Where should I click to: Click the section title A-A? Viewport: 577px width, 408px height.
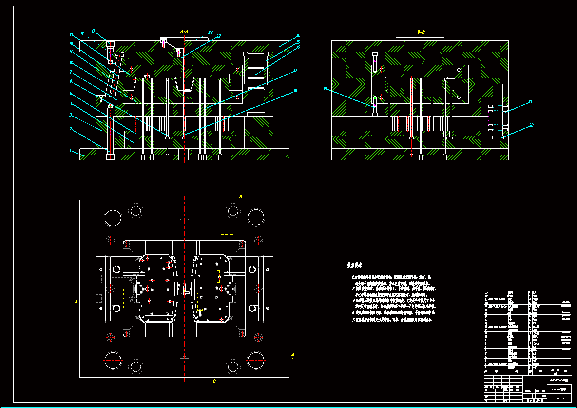point(184,32)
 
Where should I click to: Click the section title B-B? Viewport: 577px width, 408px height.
point(421,32)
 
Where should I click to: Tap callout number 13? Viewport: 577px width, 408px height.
point(94,31)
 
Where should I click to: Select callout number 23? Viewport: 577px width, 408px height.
point(211,32)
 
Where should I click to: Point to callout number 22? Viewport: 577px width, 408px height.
point(218,36)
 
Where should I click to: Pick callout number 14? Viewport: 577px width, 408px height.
point(298,36)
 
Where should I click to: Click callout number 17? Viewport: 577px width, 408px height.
point(295,70)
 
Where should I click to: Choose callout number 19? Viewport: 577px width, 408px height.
point(326,89)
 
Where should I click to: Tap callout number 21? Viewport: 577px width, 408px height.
point(530,101)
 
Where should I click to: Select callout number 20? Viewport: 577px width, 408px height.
point(531,125)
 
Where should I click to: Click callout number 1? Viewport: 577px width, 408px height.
point(71,150)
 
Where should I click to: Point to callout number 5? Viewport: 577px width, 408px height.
point(71,93)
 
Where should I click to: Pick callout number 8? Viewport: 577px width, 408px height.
point(71,62)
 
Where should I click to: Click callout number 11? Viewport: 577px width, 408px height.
point(71,35)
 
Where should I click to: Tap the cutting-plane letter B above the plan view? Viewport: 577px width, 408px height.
point(241,197)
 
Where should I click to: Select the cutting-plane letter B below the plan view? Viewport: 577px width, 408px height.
point(214,381)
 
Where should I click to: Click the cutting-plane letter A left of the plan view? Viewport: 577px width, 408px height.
point(76,302)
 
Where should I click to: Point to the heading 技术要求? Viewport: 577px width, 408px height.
point(355,265)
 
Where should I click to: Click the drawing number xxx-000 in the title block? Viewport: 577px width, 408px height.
point(559,398)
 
